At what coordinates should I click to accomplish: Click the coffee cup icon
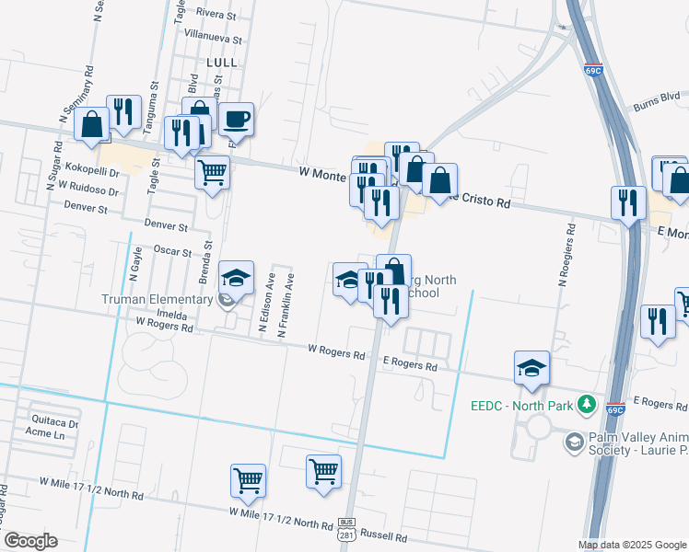click(236, 118)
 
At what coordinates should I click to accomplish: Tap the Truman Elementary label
click(158, 298)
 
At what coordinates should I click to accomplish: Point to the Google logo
click(30, 541)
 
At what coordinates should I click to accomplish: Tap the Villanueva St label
click(213, 40)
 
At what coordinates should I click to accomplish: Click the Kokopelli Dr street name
click(88, 172)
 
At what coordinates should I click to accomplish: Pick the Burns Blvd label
click(657, 96)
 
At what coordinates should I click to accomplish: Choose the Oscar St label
click(172, 251)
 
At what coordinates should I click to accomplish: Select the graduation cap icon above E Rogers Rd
click(531, 367)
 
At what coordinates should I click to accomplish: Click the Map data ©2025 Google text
click(632, 545)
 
